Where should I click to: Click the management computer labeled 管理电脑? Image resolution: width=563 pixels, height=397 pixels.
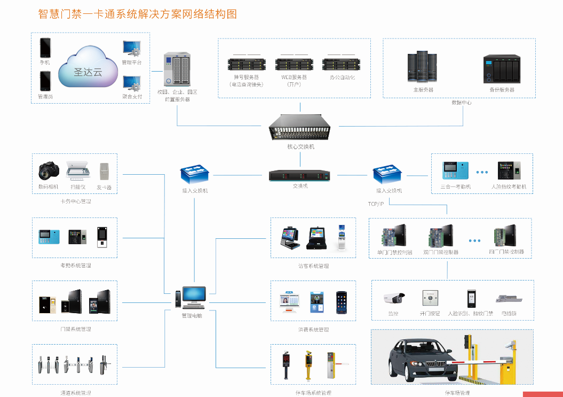point(193,298)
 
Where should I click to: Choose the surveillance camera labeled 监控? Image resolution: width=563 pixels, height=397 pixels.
point(394,298)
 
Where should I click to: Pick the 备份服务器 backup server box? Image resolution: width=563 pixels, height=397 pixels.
point(502,68)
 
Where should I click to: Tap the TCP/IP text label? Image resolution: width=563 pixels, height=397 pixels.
point(376,204)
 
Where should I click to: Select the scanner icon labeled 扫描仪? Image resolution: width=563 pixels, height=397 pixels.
point(78,170)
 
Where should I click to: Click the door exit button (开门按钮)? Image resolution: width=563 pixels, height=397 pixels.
point(430,298)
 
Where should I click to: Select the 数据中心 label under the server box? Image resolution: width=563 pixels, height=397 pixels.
point(461,102)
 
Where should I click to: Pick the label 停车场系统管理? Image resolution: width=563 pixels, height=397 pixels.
point(313,393)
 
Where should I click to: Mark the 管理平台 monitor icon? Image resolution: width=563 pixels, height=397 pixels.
point(131,49)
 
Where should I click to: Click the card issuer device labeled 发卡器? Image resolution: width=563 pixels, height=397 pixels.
point(105,171)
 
